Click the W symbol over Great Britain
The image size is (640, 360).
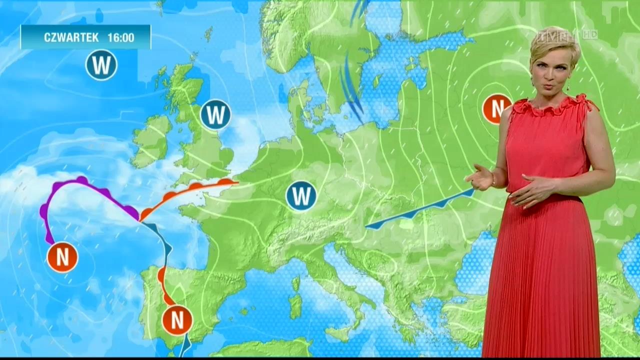click(215, 115)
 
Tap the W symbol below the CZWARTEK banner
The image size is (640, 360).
click(101, 65)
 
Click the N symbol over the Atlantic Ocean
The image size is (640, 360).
click(62, 257)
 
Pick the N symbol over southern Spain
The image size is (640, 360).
click(177, 320)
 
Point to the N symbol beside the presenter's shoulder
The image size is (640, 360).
click(496, 108)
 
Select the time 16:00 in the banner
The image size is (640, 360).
click(120, 37)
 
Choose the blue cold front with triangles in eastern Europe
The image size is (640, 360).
click(420, 210)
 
